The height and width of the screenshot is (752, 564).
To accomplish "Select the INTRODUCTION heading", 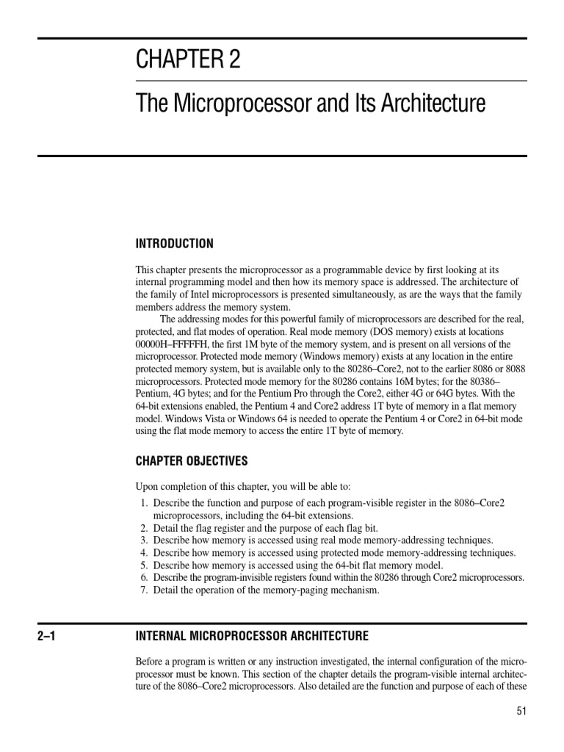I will click(175, 243).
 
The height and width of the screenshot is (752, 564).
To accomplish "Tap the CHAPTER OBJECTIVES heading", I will click(192, 461).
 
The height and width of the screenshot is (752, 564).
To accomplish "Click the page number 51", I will click(521, 711).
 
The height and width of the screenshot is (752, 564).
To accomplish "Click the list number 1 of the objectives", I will click(142, 502).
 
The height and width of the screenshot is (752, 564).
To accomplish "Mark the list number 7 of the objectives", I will click(142, 590).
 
